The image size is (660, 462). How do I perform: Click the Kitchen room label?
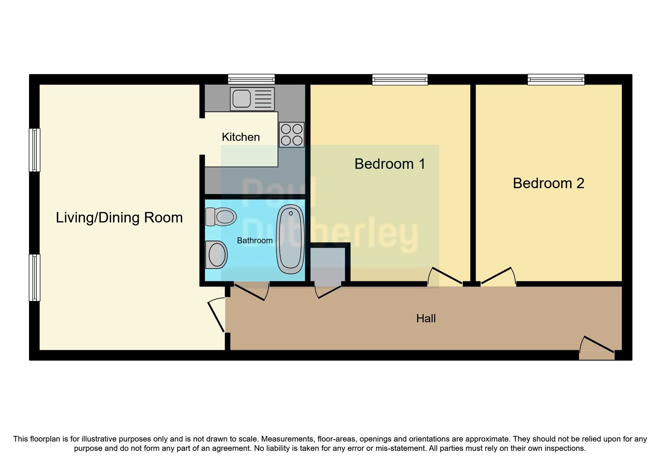point(240,137)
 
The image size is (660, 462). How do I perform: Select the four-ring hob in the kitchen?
point(291,135)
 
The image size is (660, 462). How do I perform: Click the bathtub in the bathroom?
point(290,239)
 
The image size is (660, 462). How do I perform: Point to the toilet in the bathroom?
point(221,217)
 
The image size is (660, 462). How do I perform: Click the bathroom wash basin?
point(217,254)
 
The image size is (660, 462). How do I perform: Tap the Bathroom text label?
point(255,241)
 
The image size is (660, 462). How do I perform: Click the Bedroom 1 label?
point(389,164)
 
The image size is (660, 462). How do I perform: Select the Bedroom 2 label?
point(548,183)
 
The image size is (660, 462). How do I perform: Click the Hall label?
point(426,319)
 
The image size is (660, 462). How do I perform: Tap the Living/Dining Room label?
point(119,218)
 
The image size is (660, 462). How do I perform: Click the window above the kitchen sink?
point(251,79)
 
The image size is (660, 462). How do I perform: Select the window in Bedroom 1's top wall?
point(400,79)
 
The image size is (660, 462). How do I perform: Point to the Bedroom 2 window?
point(556,79)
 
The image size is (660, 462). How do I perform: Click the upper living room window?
point(35,150)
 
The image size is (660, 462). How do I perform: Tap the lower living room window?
point(35,278)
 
